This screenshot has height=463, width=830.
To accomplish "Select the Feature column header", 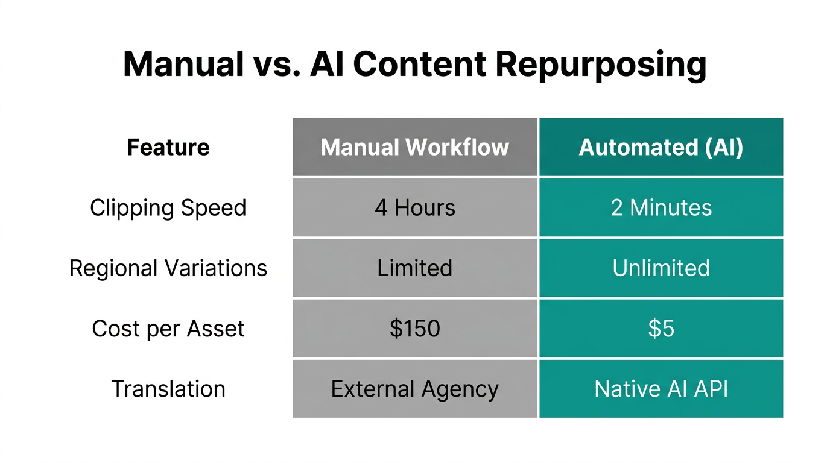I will click(x=168, y=148).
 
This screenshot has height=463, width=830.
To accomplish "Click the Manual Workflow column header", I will click(x=415, y=148).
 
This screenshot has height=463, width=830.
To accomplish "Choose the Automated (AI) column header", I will click(x=661, y=148).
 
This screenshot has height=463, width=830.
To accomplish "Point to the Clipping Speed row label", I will click(x=168, y=208).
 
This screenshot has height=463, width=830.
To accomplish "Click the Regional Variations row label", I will click(x=168, y=268).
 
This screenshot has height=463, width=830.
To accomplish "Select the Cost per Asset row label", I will click(x=168, y=329).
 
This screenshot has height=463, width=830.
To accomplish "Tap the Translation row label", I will click(x=168, y=389).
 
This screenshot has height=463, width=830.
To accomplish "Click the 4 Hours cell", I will click(x=415, y=208).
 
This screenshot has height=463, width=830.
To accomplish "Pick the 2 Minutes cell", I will click(x=661, y=208).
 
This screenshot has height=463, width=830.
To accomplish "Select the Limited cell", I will click(x=415, y=268).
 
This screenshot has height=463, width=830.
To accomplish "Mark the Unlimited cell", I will click(x=661, y=268).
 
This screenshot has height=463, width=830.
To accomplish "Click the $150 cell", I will click(x=415, y=329).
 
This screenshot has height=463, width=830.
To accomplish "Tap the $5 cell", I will click(x=661, y=329).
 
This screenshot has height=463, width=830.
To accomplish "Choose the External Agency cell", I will click(x=415, y=389).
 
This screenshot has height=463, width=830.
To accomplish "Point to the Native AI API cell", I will click(x=661, y=389).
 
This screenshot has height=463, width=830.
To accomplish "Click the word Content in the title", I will click(x=419, y=64).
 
